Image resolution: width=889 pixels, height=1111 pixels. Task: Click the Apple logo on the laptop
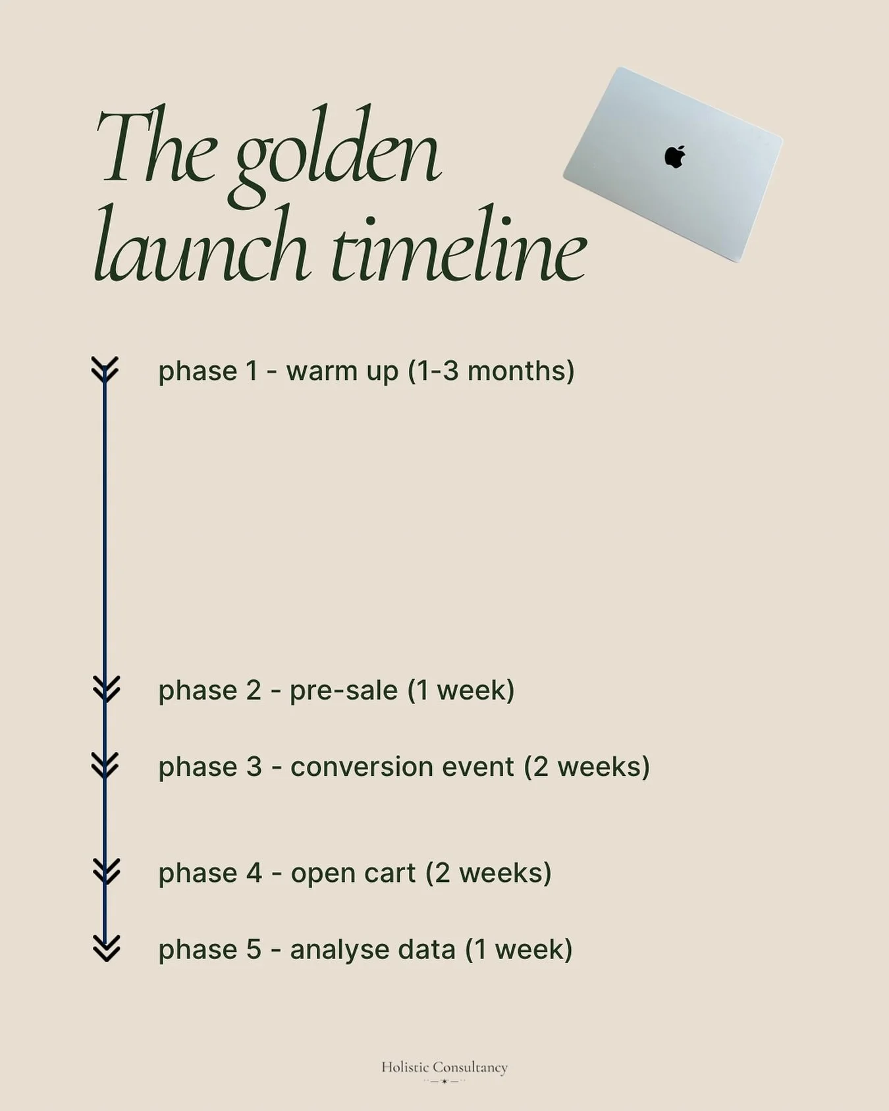click(675, 157)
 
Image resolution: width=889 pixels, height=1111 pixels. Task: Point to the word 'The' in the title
click(157, 148)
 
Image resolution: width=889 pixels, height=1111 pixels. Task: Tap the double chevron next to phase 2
click(106, 688)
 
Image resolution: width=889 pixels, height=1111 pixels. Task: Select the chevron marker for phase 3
click(105, 765)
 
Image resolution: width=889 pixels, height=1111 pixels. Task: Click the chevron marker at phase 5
click(106, 948)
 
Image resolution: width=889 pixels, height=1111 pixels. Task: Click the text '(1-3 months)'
click(491, 371)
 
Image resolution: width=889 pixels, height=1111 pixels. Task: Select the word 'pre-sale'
click(344, 691)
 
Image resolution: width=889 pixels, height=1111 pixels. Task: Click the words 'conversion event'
click(402, 767)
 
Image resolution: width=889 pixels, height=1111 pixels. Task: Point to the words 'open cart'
click(353, 873)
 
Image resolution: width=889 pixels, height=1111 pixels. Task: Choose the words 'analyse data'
click(373, 950)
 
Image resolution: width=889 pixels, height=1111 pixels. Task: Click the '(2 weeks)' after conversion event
click(587, 767)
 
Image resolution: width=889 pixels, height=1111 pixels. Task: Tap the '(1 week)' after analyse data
click(519, 950)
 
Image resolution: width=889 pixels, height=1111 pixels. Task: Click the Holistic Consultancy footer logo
click(444, 1069)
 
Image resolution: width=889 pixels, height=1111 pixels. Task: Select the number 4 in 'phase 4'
click(254, 873)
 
